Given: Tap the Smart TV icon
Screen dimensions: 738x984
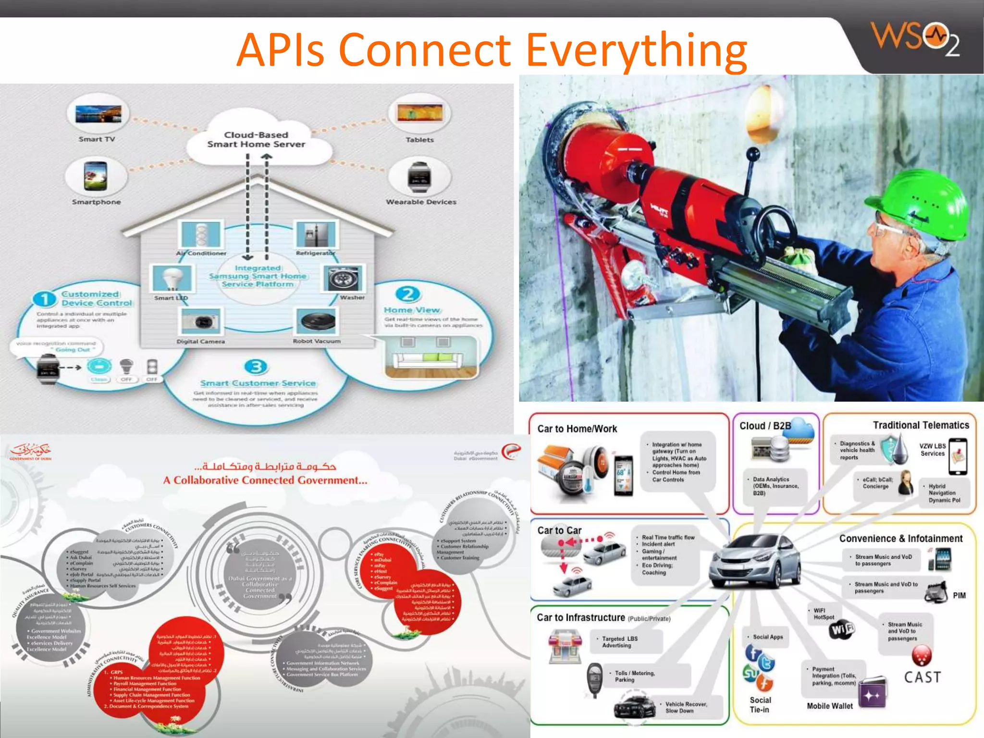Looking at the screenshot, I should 98,114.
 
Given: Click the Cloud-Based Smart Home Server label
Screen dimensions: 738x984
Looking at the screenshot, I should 256,139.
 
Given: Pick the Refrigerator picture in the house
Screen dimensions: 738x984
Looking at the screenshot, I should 316,234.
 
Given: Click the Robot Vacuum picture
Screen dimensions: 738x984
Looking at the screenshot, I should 317,321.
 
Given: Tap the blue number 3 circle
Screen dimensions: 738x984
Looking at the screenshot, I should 256,367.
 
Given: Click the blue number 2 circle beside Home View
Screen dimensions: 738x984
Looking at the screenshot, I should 407,294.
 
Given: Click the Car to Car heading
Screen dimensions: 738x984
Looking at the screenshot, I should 559,530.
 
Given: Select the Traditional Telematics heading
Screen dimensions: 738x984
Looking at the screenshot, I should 921,425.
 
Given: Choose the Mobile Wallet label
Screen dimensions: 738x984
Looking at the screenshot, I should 830,706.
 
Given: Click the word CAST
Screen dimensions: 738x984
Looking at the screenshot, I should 922,677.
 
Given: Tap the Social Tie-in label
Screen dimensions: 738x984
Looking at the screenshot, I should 760,705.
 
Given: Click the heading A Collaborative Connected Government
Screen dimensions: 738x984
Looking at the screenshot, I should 265,480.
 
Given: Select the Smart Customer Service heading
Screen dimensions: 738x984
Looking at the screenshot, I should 258,383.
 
